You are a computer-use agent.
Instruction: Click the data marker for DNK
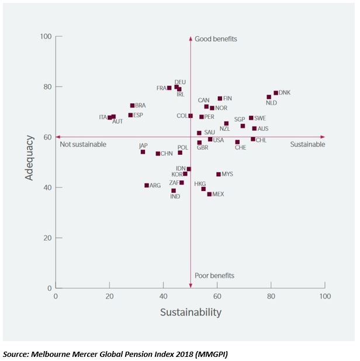click(x=276, y=93)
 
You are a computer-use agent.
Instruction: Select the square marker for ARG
click(x=147, y=185)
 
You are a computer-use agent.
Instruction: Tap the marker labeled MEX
click(x=209, y=194)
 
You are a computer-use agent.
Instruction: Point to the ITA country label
click(x=103, y=117)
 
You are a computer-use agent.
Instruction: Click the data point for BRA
click(x=132, y=106)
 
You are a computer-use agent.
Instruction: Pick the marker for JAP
click(x=143, y=152)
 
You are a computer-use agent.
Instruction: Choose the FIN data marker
click(x=220, y=99)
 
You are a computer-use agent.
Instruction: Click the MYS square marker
click(x=219, y=174)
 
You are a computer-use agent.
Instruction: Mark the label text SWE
click(x=260, y=118)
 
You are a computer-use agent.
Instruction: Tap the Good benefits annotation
click(x=216, y=39)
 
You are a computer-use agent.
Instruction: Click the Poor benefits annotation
click(x=215, y=276)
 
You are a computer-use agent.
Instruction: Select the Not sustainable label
click(x=83, y=144)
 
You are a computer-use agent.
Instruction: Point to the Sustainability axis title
click(x=191, y=313)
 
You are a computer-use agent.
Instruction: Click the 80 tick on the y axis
click(x=46, y=87)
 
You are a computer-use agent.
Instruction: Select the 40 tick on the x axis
click(x=163, y=296)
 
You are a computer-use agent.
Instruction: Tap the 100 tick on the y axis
click(x=44, y=37)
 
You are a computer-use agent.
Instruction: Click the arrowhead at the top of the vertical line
click(x=191, y=39)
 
